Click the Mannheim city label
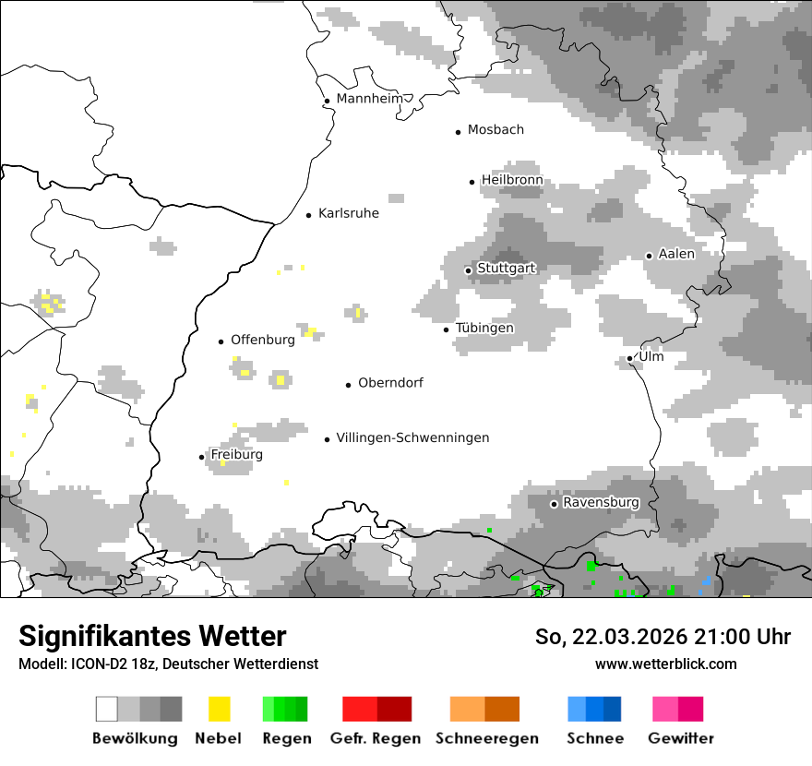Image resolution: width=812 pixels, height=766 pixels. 370,99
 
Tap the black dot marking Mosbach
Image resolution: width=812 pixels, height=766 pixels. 458,132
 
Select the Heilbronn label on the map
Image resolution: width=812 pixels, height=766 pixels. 511,180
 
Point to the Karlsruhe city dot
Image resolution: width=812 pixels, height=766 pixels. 309,215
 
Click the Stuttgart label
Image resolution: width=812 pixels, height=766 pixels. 506,269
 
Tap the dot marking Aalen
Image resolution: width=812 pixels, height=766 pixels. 649,256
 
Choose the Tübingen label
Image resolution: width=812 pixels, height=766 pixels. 484,329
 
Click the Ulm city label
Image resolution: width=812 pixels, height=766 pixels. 651,357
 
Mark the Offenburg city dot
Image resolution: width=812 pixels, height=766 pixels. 221,341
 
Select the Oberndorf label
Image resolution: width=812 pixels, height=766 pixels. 390,383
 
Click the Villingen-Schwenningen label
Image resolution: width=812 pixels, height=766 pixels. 412,438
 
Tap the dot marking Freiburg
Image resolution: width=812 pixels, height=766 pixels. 202,457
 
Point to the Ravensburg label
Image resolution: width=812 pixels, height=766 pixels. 601,503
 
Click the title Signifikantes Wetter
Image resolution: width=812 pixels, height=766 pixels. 152,636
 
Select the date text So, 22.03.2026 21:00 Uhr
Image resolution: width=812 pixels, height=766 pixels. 663,637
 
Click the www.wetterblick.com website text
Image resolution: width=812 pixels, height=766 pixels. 665,664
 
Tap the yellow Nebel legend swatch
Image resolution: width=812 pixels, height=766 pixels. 219,709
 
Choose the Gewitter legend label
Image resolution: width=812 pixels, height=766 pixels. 680,738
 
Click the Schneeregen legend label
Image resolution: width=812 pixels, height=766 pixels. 486,738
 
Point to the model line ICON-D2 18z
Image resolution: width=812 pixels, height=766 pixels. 168,664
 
